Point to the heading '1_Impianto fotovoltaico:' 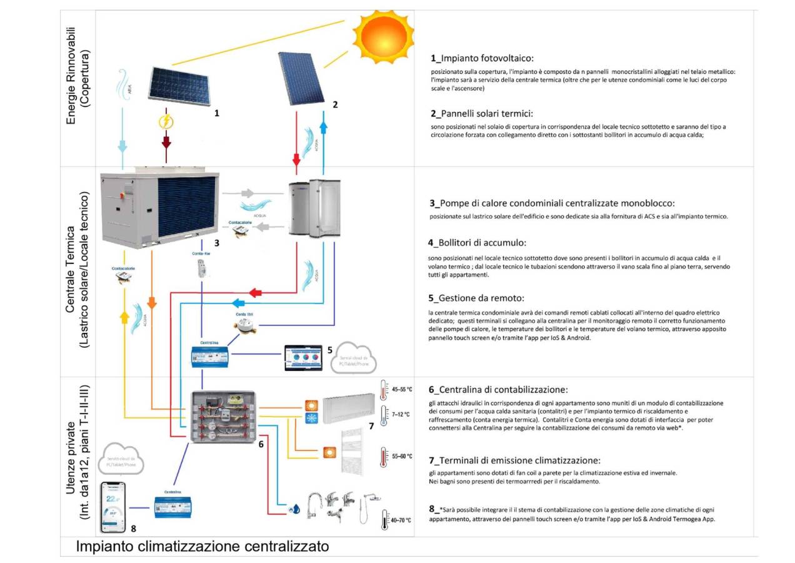point(481,58)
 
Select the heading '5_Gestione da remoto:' point(475,297)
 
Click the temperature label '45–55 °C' point(401,389)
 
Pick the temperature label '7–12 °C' point(401,414)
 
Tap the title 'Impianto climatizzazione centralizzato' point(202,547)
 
